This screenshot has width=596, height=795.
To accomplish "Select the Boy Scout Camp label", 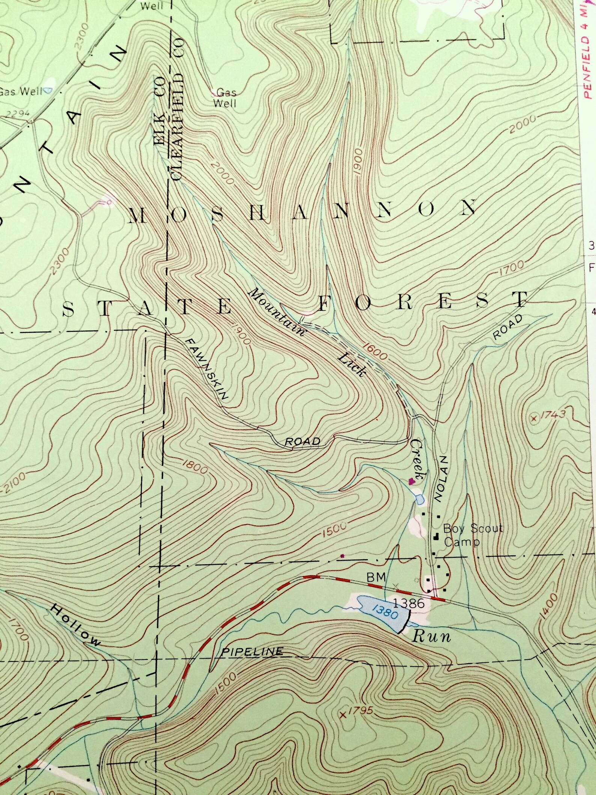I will point(472,535).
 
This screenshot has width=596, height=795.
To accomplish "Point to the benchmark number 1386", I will point(409,603).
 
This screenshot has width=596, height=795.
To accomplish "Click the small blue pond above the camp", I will point(420,499).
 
